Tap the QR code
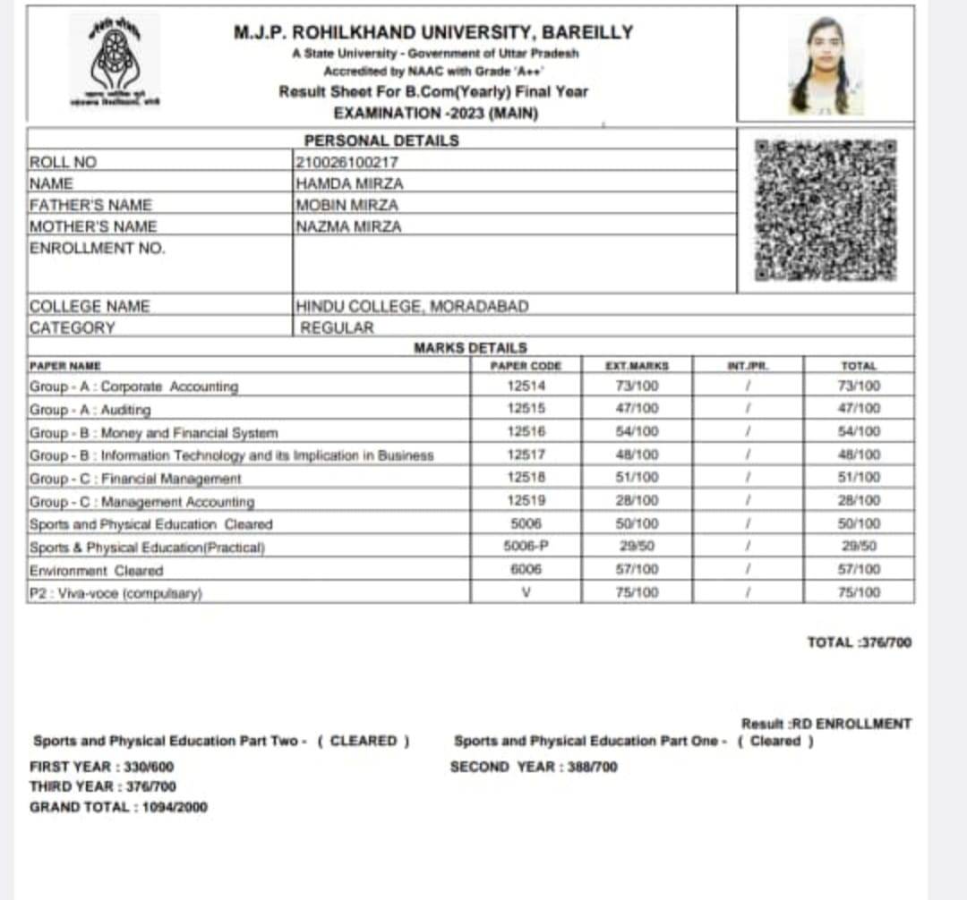824,209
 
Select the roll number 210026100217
347,162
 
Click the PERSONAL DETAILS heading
381,140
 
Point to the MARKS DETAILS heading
470,347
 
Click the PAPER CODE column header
526,366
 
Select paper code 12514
526,386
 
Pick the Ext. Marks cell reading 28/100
638,500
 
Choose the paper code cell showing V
526,592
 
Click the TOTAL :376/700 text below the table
859,642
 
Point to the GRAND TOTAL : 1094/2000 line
118,807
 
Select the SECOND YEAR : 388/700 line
534,767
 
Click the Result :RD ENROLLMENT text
826,724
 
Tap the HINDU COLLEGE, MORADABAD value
412,306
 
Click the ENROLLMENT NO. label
98,248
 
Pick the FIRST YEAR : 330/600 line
102,767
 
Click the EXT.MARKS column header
638,366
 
